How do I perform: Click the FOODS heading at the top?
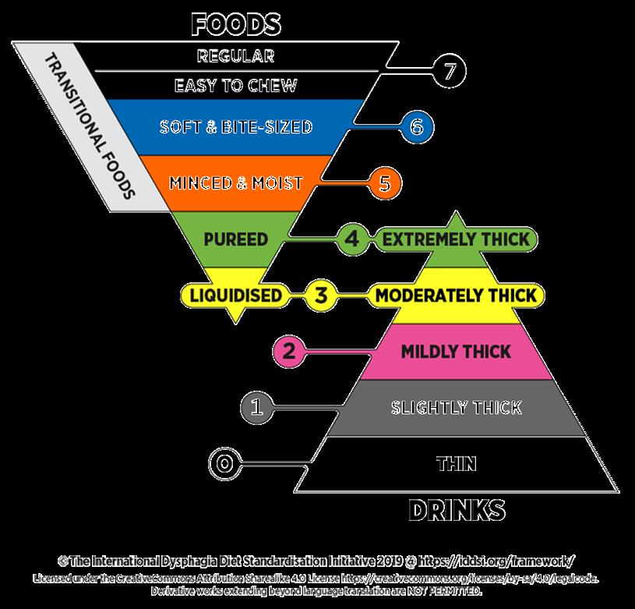(x=236, y=24)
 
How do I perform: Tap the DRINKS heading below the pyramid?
(x=457, y=510)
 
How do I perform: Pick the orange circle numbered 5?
(x=383, y=182)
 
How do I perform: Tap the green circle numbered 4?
(x=351, y=239)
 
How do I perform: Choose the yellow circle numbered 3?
(x=321, y=296)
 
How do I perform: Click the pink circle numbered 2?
(x=290, y=351)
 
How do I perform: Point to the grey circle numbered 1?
(x=259, y=406)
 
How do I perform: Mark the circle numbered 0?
(x=224, y=463)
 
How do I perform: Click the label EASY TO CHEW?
(x=236, y=85)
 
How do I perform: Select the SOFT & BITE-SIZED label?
(x=236, y=126)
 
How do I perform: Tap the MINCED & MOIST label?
(x=236, y=183)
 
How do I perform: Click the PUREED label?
(x=236, y=238)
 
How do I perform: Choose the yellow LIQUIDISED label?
(x=231, y=296)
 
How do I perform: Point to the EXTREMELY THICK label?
(x=457, y=239)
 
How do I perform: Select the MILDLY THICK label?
(x=457, y=351)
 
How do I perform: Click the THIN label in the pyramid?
(x=457, y=464)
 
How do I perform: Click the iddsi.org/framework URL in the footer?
(x=499, y=561)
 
